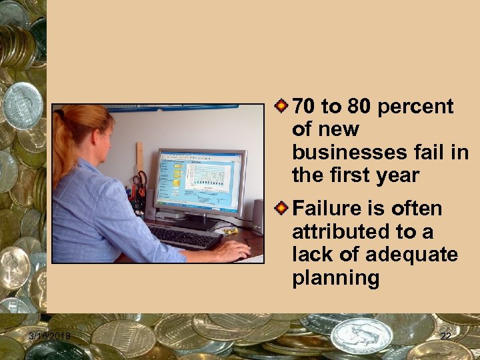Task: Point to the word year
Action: click(397, 175)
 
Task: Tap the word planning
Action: click(335, 278)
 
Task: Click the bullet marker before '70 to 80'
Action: click(283, 105)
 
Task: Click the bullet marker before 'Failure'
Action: click(283, 208)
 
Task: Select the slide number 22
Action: click(445, 337)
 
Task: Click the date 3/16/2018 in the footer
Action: click(49, 337)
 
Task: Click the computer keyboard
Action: click(184, 236)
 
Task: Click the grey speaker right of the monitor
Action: click(257, 215)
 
